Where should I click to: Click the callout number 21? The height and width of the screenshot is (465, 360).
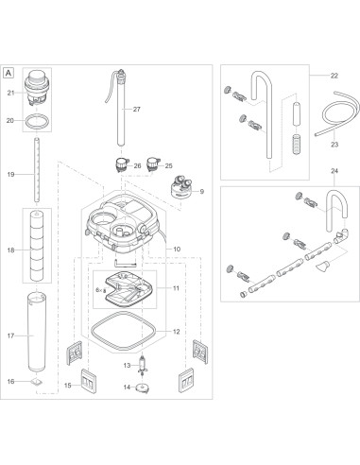coord(10,92)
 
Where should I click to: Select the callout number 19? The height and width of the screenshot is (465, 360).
coord(10,175)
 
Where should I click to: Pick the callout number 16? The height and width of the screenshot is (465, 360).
coord(10,382)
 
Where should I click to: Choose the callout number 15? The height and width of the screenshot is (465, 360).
coord(67,386)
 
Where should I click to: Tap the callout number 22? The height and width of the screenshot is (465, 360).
coord(334,75)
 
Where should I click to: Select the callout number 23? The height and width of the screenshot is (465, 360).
coord(334,145)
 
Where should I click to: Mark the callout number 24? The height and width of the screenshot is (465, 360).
coord(334,197)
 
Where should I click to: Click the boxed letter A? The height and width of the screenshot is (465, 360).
coord(9,72)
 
